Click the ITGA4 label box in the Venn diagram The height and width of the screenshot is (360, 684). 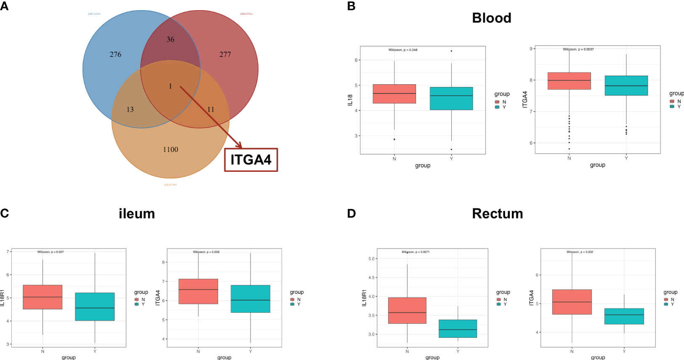(x=251, y=160)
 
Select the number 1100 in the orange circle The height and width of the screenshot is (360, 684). (x=170, y=149)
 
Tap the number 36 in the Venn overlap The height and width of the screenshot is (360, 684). (x=170, y=40)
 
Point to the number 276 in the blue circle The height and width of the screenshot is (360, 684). (x=115, y=54)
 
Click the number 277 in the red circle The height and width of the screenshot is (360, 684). (x=225, y=54)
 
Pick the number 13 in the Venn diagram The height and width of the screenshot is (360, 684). (x=130, y=109)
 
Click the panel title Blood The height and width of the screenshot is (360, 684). (x=492, y=18)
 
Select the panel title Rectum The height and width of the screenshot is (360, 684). (x=497, y=213)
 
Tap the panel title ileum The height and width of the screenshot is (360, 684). (x=137, y=213)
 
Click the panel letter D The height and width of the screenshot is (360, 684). (x=351, y=213)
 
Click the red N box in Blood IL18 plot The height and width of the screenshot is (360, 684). (x=394, y=94)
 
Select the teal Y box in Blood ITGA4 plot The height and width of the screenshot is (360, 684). (x=626, y=85)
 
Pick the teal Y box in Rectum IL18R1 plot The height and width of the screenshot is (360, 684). (x=458, y=328)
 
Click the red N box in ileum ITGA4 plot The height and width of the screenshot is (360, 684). (x=198, y=291)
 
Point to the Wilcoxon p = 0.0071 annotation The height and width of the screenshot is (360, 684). (x=415, y=252)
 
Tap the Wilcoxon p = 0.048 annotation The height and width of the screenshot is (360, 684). (x=403, y=50)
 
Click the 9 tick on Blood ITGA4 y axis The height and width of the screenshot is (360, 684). (x=531, y=49)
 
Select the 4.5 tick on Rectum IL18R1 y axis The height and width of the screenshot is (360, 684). (x=372, y=278)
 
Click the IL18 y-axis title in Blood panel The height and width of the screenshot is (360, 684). (x=350, y=100)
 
